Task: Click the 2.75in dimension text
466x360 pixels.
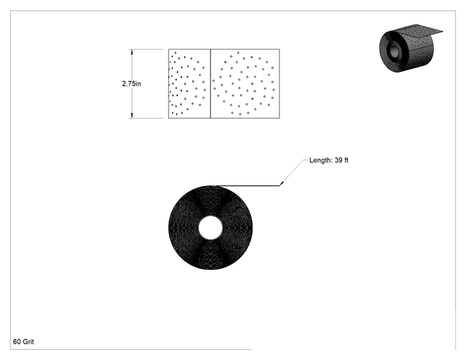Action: pyautogui.click(x=132, y=84)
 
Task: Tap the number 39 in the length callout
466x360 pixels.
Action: pyautogui.click(x=338, y=160)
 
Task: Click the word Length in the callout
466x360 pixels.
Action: pyautogui.click(x=321, y=160)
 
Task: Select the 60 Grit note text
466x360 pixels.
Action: pyautogui.click(x=23, y=342)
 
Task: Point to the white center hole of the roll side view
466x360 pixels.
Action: pyautogui.click(x=210, y=228)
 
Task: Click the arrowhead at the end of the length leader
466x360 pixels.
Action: pyautogui.click(x=281, y=183)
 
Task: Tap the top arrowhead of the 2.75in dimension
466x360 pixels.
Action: pyautogui.click(x=132, y=52)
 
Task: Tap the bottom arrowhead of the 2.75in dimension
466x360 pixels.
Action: pyautogui.click(x=132, y=115)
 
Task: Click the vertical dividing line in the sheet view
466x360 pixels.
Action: pyautogui.click(x=210, y=84)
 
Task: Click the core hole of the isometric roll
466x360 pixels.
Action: pyautogui.click(x=394, y=51)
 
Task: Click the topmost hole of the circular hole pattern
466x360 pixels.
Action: pyautogui.click(x=238, y=53)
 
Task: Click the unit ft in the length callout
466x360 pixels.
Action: pyautogui.click(x=346, y=160)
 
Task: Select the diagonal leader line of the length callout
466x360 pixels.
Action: pyautogui.click(x=292, y=173)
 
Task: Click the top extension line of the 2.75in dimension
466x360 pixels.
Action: pyautogui.click(x=146, y=49)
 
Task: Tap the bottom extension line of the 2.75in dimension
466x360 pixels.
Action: pyautogui.click(x=146, y=118)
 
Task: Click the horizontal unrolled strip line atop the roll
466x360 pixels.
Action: pyautogui.click(x=248, y=186)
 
